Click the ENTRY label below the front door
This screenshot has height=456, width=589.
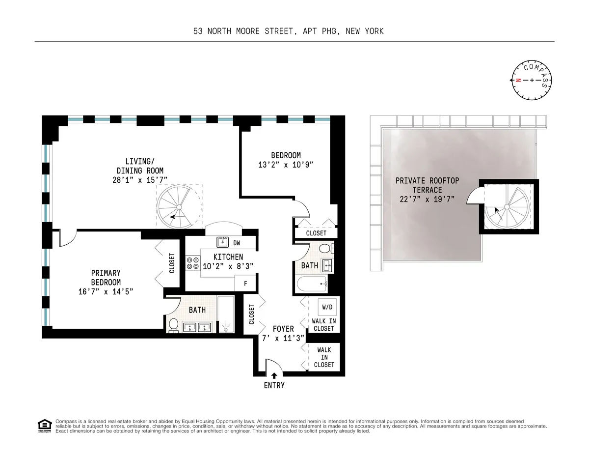tap(274, 385)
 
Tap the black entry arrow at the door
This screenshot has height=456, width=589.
tap(274, 376)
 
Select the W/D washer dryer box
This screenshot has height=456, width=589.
tap(327, 308)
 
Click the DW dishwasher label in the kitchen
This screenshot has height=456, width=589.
tap(237, 243)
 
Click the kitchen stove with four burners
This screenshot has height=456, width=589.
tap(192, 263)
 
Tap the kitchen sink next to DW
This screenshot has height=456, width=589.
tap(223, 242)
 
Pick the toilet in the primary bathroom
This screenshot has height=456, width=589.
tap(173, 325)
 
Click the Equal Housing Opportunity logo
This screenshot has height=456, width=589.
tap(45, 426)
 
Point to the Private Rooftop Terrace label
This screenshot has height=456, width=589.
tap(427, 190)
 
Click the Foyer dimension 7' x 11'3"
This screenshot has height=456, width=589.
tap(283, 338)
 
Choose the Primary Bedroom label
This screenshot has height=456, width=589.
tap(106, 278)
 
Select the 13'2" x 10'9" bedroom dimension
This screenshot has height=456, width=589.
tap(286, 165)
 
